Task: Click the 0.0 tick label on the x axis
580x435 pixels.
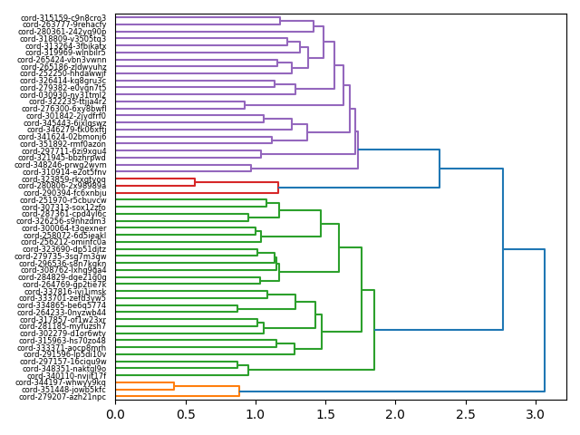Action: (x=115, y=414)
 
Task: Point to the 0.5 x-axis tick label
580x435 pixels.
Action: (x=185, y=414)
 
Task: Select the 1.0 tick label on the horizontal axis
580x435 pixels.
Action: (x=256, y=414)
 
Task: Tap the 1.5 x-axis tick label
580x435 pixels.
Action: (x=325, y=414)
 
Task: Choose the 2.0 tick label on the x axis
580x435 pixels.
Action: (x=395, y=414)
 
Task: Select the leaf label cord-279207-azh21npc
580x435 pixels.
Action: (x=63, y=397)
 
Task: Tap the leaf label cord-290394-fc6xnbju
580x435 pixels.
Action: (x=63, y=193)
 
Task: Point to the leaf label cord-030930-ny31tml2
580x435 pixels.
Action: (x=63, y=95)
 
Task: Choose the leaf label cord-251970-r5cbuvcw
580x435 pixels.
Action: (x=63, y=200)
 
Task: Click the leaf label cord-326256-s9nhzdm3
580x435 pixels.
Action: (x=61, y=221)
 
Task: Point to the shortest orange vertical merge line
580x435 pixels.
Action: (x=174, y=386)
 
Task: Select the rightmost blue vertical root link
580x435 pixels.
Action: (x=545, y=320)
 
